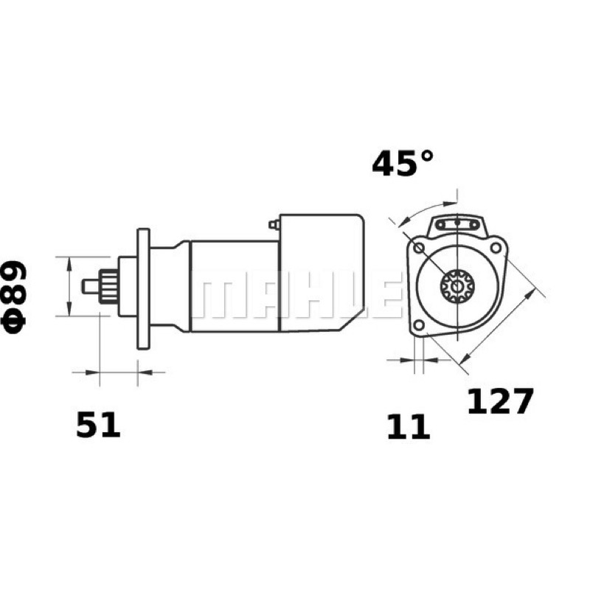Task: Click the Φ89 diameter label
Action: [x=14, y=297]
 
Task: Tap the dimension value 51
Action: [x=98, y=424]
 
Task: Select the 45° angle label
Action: [x=402, y=163]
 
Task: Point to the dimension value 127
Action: [x=500, y=400]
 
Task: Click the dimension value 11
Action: [x=409, y=427]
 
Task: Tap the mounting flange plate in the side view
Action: [x=143, y=288]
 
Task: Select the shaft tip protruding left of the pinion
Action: [x=91, y=286]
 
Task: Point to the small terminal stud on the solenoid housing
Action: [x=274, y=225]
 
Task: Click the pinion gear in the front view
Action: [x=457, y=286]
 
